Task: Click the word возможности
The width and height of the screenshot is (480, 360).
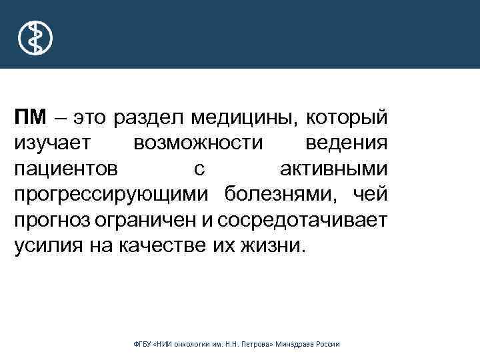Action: [x=198, y=143]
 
